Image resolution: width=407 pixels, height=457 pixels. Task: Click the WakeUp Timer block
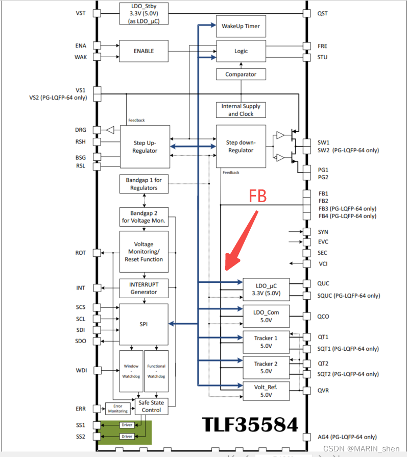[241, 26]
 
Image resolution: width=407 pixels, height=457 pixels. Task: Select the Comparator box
[241, 75]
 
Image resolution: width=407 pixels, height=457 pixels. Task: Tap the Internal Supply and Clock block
[241, 110]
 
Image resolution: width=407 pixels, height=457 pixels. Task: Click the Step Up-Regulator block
[145, 147]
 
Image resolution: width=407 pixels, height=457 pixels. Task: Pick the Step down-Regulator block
[241, 147]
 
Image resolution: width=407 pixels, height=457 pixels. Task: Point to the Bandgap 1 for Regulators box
[143, 184]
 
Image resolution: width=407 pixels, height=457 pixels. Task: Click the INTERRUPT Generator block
[143, 288]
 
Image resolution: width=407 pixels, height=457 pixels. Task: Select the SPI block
[143, 324]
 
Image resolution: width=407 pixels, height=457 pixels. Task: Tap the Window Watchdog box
[131, 371]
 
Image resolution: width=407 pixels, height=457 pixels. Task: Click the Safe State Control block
[151, 406]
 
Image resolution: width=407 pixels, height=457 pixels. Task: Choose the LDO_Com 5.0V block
[266, 316]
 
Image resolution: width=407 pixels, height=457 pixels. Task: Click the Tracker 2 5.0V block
[266, 368]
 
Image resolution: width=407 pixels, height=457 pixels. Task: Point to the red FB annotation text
[258, 196]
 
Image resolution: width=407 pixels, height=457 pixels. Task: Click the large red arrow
[242, 240]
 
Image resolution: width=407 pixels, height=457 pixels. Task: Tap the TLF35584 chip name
[250, 424]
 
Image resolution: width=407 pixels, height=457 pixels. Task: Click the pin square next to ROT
[97, 253]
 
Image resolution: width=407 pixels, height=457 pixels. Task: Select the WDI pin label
[81, 370]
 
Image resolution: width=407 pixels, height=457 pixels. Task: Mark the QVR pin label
[323, 391]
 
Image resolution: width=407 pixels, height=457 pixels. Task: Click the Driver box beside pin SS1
[127, 425]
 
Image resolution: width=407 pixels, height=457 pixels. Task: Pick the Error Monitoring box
[118, 408]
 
